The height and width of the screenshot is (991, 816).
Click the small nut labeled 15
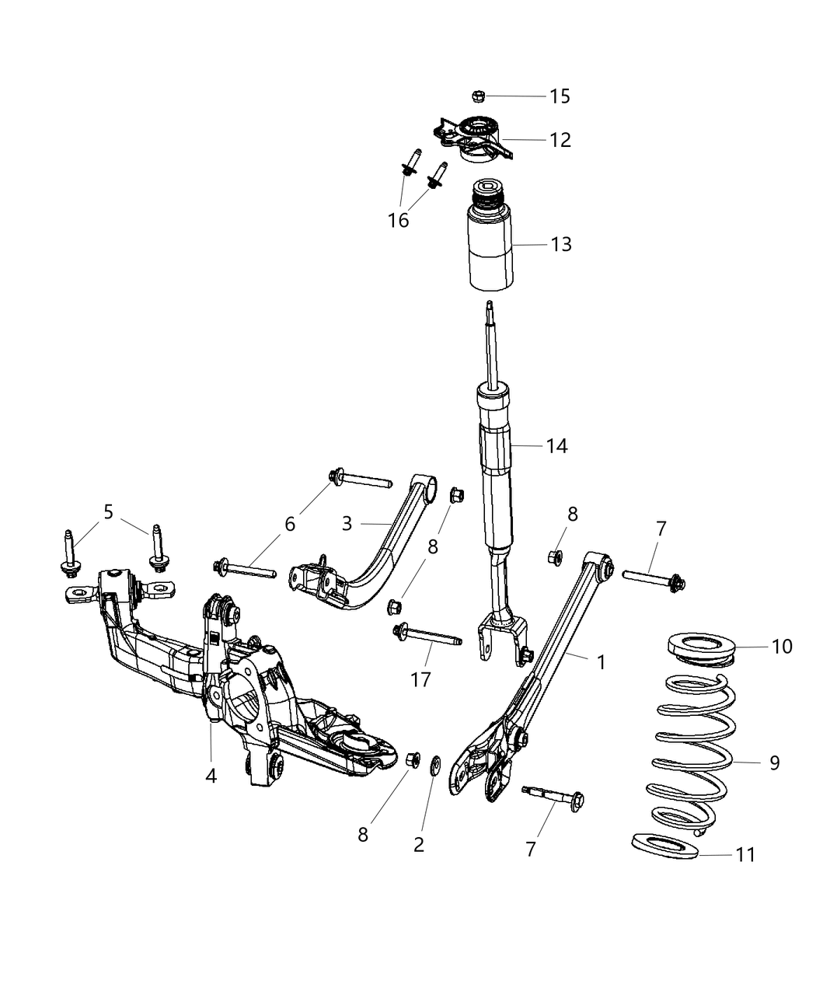[x=479, y=96]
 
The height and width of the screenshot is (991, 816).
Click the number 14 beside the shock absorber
[x=556, y=446]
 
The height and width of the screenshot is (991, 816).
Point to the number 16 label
[x=399, y=221]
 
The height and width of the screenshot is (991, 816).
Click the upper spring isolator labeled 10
[x=701, y=648]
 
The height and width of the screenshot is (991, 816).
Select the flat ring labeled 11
[x=663, y=846]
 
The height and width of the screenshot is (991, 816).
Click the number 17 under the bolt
[x=420, y=679]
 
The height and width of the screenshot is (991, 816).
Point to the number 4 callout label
[x=211, y=775]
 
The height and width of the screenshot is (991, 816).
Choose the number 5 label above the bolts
[x=108, y=511]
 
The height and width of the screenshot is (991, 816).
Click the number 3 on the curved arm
[x=347, y=523]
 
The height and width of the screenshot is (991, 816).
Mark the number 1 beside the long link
[x=601, y=661]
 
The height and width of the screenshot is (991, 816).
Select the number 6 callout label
[x=289, y=524]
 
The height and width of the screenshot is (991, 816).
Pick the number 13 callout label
[x=560, y=244]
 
